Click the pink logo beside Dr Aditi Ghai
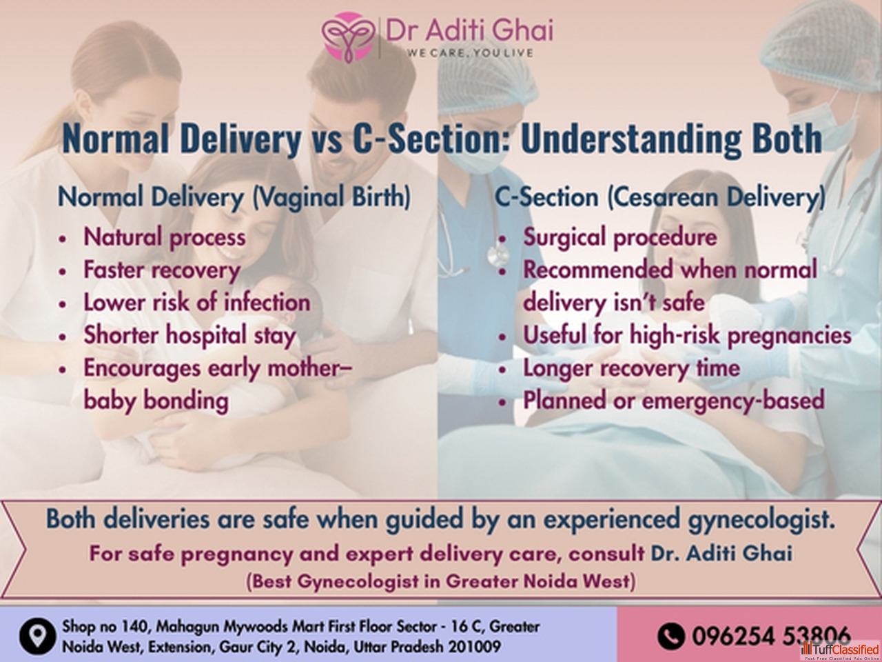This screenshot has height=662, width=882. [x=349, y=37]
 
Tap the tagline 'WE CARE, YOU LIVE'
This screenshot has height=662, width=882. [x=470, y=53]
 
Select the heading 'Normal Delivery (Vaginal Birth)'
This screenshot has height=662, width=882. [x=234, y=197]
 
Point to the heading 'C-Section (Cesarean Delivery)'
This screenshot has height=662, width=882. [x=660, y=197]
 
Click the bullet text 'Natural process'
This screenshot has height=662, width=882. [x=165, y=237]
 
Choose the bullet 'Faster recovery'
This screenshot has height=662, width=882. [x=162, y=270]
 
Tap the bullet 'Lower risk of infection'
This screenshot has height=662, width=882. [x=197, y=302]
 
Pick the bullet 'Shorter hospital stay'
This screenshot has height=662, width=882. [x=189, y=335]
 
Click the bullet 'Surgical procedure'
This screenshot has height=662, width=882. [x=620, y=237]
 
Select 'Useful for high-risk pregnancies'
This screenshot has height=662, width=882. [x=687, y=335]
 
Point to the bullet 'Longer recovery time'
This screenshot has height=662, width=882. [x=631, y=368]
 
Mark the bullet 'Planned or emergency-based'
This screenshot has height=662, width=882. [x=673, y=401]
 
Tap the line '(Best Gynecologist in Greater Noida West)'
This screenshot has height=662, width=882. [x=441, y=581]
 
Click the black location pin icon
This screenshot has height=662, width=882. [x=37, y=636]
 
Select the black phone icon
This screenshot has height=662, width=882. [x=670, y=636]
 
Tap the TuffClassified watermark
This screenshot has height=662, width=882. [x=840, y=650]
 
